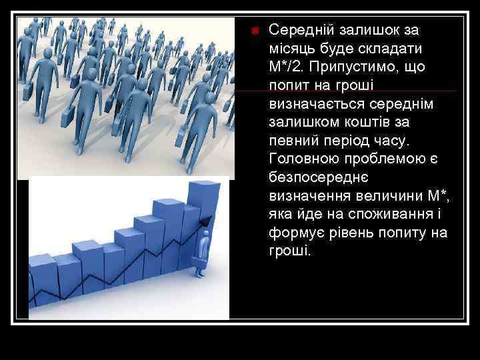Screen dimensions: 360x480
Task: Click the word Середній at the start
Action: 299,31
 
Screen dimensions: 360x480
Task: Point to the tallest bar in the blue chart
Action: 205,200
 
